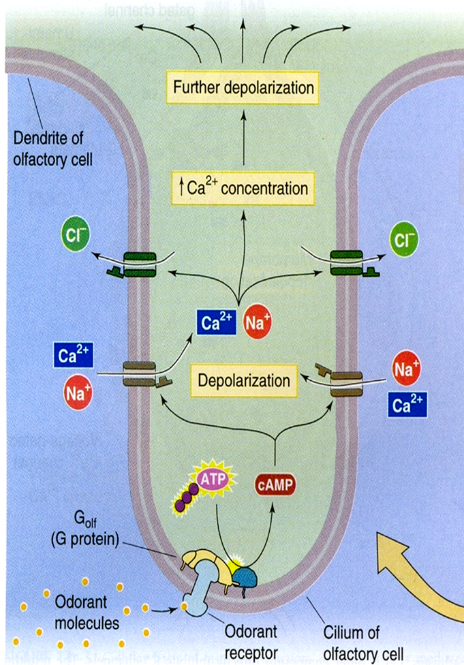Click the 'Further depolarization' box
[x=243, y=88]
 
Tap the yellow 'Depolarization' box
[x=244, y=380]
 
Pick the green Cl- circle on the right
[x=404, y=240]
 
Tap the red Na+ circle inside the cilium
[x=257, y=322]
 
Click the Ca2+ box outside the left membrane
[x=73, y=356]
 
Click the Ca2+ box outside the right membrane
[x=408, y=404]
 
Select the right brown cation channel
[x=345, y=382]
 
